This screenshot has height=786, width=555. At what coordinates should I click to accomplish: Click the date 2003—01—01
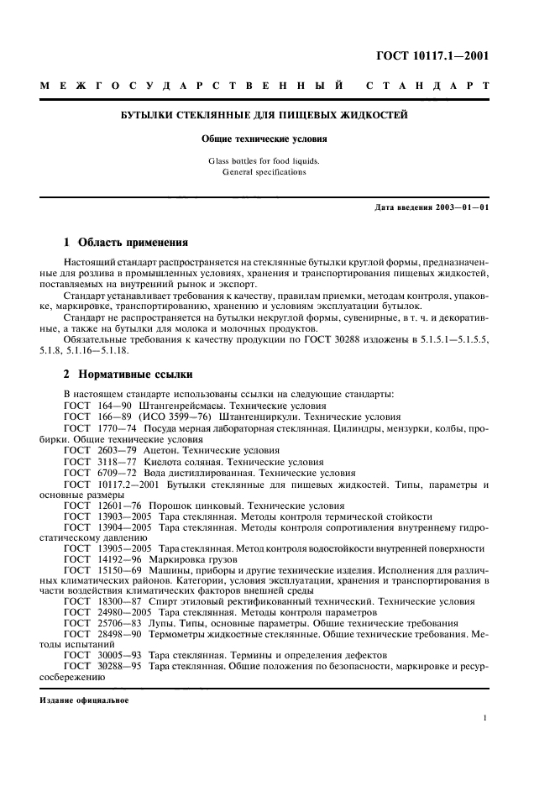(458, 207)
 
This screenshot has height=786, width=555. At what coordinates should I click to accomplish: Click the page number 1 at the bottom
(486, 719)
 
